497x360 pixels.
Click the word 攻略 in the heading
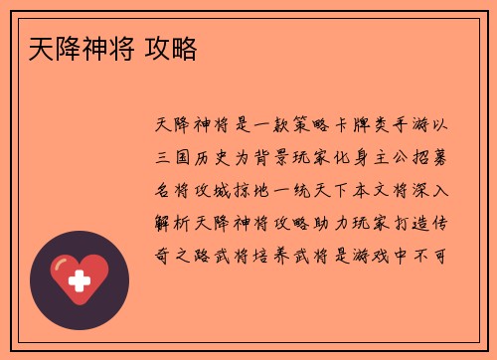click(x=170, y=46)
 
